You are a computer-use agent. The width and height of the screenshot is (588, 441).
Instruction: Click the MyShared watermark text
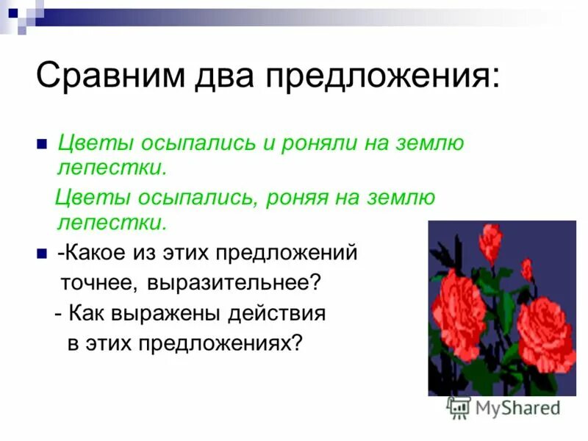pos(517,406)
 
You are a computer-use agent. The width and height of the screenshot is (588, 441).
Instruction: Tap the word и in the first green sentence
pos(270,143)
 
